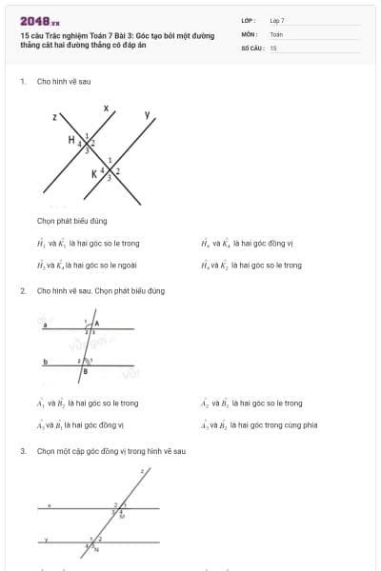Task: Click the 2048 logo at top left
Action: (39, 20)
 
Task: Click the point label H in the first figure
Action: (70, 140)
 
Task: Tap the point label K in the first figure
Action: (94, 174)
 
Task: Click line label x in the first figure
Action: (105, 107)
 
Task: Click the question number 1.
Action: (22, 82)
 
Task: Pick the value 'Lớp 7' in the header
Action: (277, 20)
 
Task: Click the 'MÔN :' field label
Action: (251, 33)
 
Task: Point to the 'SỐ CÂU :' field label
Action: (252, 47)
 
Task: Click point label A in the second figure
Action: (97, 324)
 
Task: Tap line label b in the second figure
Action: (45, 362)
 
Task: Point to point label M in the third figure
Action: (122, 517)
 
